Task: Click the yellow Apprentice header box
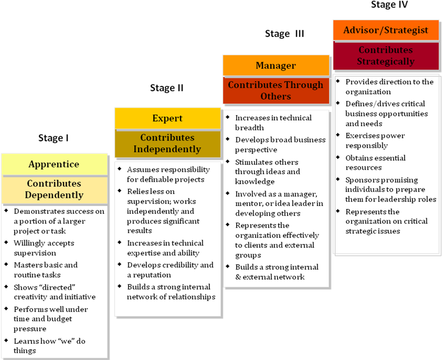coord(54,164)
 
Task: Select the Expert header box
coord(167,119)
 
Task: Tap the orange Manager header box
coord(276,66)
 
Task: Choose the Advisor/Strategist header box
coord(386,30)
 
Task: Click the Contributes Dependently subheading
coord(54,189)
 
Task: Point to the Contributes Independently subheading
coord(167,143)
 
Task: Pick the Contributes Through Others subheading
coord(276,91)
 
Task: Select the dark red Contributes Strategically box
coord(386,56)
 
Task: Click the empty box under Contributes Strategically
coord(387,165)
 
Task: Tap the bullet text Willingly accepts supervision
coord(44,248)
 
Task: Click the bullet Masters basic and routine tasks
coord(45,270)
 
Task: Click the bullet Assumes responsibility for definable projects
coord(168,174)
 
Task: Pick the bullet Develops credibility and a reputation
coord(170,270)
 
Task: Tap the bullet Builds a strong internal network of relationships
coord(171,292)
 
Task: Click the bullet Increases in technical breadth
coord(273,122)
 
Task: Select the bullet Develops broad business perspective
coord(280,145)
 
